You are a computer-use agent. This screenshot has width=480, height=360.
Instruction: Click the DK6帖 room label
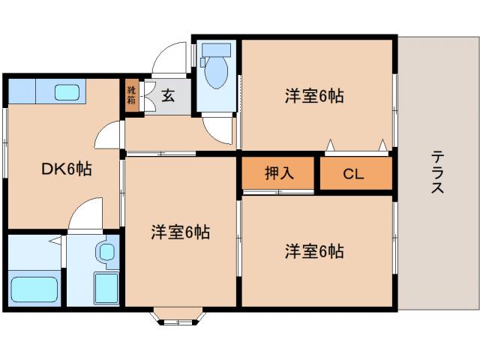tap(66, 169)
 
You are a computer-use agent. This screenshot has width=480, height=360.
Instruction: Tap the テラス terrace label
tap(437, 172)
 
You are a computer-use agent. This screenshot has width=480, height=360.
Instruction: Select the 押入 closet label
tap(278, 174)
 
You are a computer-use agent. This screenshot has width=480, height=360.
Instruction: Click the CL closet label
tap(353, 174)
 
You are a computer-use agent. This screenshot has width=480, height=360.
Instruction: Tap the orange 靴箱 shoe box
tap(132, 96)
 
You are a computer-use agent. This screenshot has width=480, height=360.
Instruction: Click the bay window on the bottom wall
tap(180, 318)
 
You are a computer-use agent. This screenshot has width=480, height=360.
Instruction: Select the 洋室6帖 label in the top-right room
tap(314, 96)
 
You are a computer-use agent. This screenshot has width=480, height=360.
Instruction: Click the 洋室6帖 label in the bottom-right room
tap(314, 251)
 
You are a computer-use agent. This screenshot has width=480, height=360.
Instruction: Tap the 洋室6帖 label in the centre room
tap(180, 232)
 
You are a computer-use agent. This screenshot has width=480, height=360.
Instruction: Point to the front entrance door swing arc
tap(169, 58)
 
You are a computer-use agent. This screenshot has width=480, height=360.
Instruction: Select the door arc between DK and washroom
tap(84, 212)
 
